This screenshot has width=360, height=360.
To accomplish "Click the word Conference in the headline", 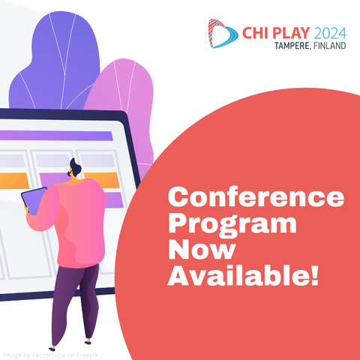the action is tap(256, 197).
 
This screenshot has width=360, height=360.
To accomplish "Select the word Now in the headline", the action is tap(202, 250).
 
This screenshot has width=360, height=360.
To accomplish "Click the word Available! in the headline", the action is tap(244, 275).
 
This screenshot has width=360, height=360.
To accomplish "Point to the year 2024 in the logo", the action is tap(330, 33).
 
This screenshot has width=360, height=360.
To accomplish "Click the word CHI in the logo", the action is tap(256, 33).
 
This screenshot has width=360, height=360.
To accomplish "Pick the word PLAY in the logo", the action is tap(292, 33).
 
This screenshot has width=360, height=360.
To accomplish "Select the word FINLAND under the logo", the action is tap(329, 46).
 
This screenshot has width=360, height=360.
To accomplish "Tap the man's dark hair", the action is tap(75, 166).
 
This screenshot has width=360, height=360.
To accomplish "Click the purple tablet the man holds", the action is tap(34, 200).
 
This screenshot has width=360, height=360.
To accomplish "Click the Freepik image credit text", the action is tap(51, 355).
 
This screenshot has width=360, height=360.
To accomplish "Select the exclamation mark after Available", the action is tap(315, 275).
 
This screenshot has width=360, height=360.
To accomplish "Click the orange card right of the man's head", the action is tap(103, 180).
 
